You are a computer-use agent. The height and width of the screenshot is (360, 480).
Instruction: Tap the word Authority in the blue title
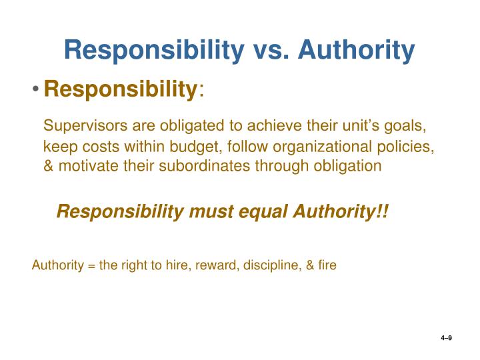click(356, 51)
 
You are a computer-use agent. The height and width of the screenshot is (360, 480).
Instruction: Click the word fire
click(326, 265)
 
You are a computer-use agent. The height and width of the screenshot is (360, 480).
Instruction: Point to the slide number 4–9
click(447, 339)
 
